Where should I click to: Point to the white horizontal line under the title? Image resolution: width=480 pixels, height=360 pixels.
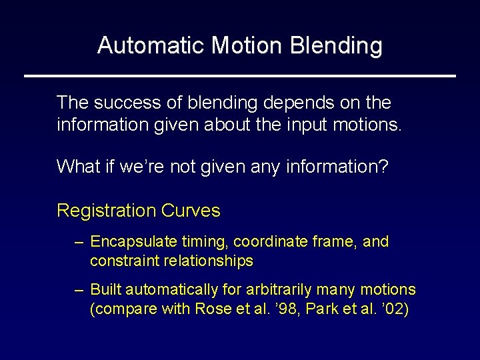tap(240, 76)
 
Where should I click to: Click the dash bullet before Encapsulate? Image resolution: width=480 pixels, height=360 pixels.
tap(79, 242)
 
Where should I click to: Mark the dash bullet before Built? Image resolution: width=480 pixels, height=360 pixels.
tap(79, 290)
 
